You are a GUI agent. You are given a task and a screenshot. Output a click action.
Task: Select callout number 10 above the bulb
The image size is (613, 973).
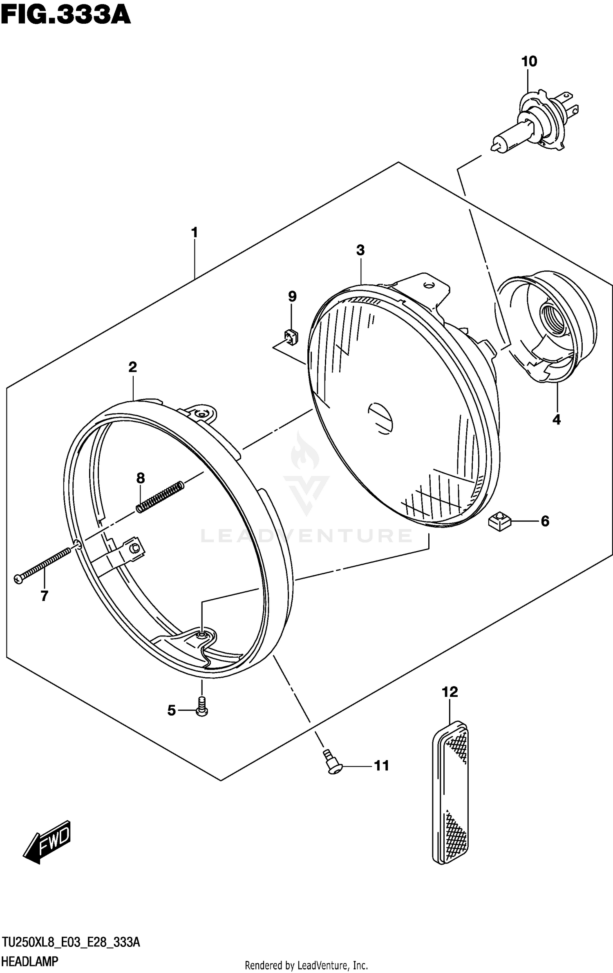pyautogui.click(x=529, y=62)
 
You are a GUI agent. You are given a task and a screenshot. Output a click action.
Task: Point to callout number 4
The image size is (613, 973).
pyautogui.click(x=556, y=420)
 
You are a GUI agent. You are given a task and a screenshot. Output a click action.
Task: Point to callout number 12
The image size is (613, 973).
pyautogui.click(x=450, y=692)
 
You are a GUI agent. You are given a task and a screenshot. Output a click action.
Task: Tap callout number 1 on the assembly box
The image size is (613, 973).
pyautogui.click(x=195, y=233)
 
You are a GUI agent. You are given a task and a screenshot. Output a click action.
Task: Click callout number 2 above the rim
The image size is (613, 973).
pyautogui.click(x=132, y=367)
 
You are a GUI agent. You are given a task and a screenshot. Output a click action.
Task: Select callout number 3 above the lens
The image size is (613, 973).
pyautogui.click(x=360, y=250)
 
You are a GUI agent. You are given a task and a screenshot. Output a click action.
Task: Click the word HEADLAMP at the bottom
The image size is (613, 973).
pyautogui.click(x=29, y=962)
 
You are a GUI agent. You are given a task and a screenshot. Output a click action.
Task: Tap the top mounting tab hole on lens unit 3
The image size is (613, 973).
pyautogui.click(x=428, y=285)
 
